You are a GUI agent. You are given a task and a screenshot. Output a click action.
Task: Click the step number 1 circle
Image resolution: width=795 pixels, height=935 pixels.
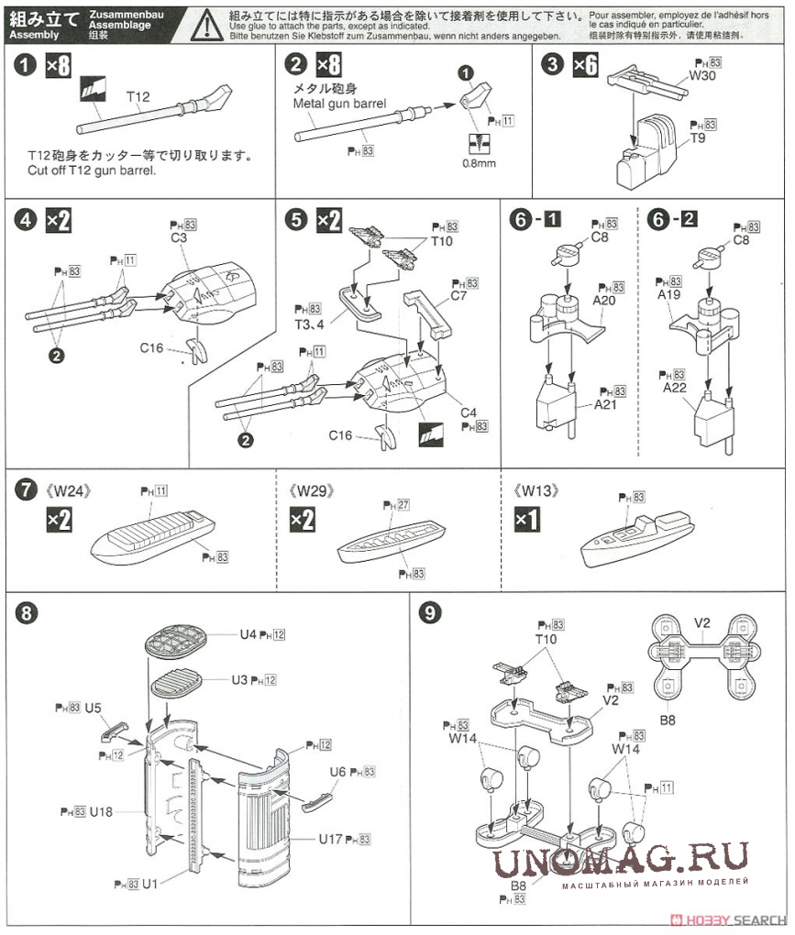pos(25,66)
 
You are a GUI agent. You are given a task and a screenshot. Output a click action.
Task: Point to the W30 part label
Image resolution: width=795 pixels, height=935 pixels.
pos(702,76)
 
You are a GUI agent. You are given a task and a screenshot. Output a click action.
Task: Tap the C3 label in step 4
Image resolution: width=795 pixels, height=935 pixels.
pos(179,238)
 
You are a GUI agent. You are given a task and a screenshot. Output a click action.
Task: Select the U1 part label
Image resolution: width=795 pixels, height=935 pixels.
pos(151,885)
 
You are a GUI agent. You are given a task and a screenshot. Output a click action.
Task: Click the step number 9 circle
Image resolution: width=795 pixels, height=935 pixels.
pos(428,613)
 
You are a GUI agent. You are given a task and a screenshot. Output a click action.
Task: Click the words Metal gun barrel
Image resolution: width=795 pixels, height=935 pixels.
pos(339,104)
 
